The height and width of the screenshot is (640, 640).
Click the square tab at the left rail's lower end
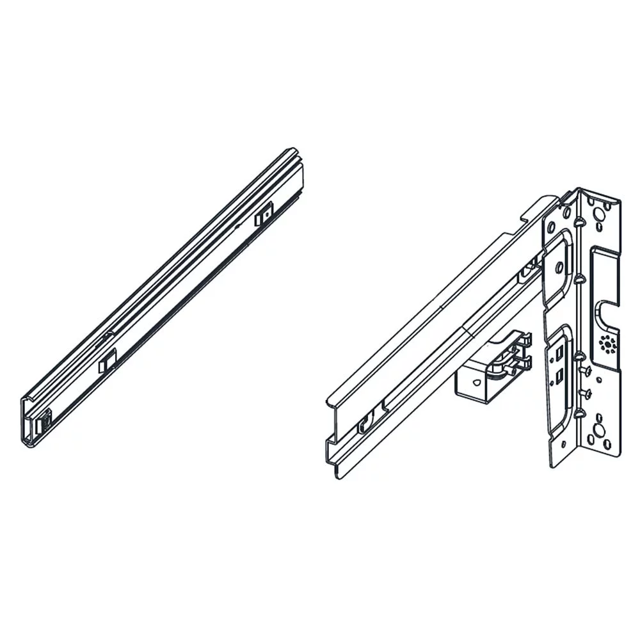[43, 423]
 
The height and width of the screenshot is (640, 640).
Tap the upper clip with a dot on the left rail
[264, 216]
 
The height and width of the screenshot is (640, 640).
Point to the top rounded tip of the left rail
[292, 153]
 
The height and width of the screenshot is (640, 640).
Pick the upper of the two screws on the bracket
[585, 369]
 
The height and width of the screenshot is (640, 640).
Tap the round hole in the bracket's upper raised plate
[559, 265]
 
